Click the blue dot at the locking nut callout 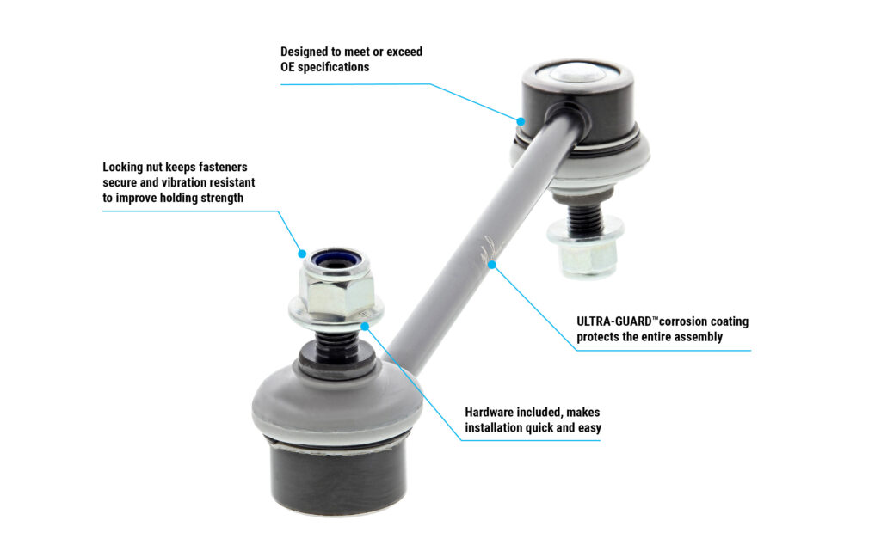pos(303,254)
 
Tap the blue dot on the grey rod pos(492,264)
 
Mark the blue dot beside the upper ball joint pos(520,120)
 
